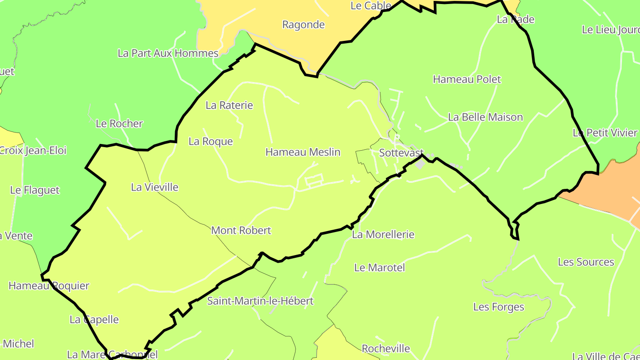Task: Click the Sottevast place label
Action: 401,152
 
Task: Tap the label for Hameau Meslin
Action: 303,152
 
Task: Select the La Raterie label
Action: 229,105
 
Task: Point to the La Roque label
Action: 210,141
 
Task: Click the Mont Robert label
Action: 241,230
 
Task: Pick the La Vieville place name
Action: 154,187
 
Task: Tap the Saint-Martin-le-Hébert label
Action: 260,301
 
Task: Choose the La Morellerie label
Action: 383,234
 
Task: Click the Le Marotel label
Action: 380,268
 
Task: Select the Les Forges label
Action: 498,307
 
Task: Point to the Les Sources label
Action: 586,262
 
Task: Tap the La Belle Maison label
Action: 485,117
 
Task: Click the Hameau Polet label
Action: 467,79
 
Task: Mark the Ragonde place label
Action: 303,24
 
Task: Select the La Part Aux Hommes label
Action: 168,53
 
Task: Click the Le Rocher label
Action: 119,124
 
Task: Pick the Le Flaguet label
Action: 35,190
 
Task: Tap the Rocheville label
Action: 385,348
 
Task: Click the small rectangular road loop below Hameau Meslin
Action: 314,181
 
